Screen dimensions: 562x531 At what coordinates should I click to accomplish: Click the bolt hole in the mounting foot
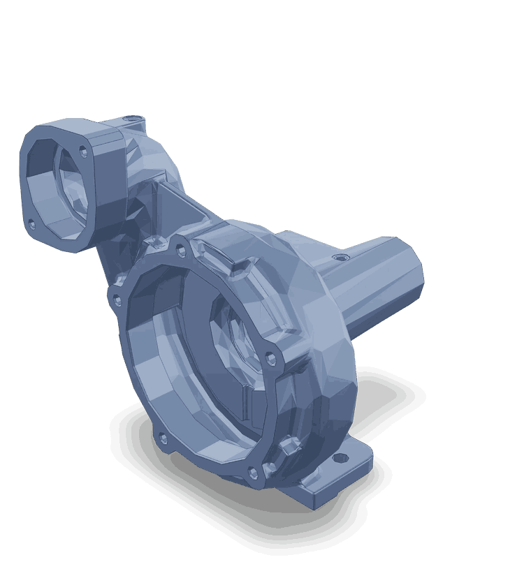[342, 459]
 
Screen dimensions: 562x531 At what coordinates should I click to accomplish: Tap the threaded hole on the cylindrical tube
[340, 258]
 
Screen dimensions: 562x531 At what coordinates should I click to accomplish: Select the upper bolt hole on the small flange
[84, 150]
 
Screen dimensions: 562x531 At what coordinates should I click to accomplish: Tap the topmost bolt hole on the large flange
[181, 248]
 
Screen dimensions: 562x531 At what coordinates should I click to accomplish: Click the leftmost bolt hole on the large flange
[117, 300]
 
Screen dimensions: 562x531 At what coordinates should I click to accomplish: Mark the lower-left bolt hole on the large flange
[163, 439]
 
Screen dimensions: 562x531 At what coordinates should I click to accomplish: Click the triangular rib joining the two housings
[168, 202]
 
